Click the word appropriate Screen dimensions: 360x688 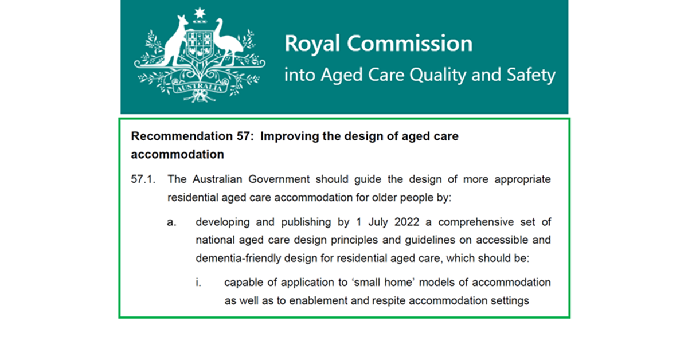pos(519,179)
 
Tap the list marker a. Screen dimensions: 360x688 pos(171,222)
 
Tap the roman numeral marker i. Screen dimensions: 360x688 pos(198,283)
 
